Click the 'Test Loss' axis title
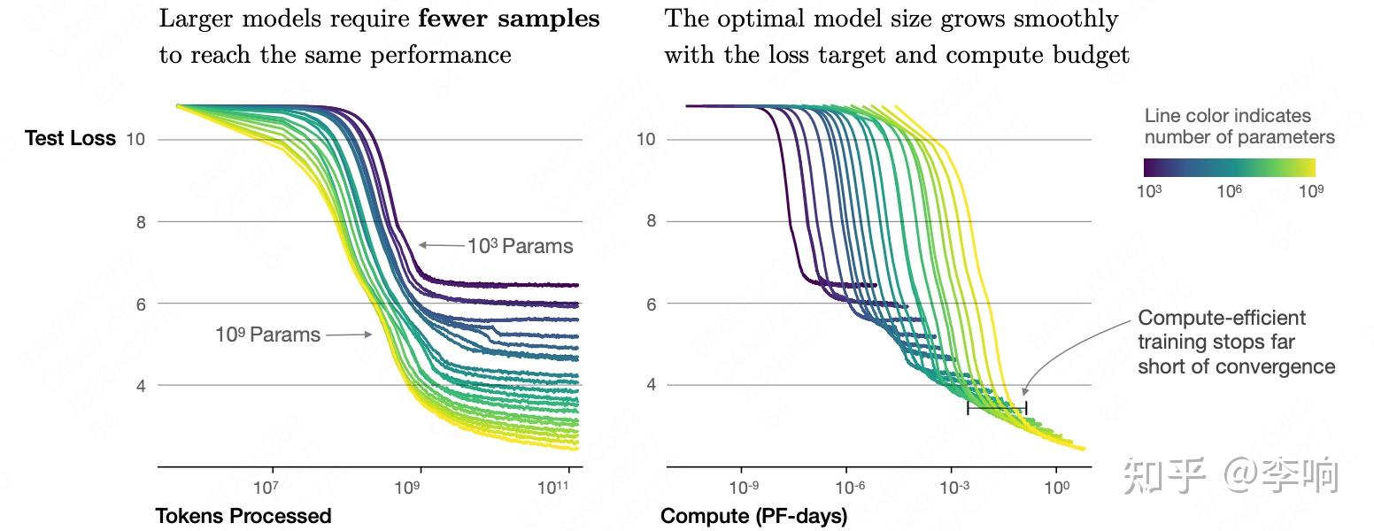tap(70, 139)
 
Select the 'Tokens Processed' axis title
tap(243, 516)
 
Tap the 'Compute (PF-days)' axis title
tap(753, 516)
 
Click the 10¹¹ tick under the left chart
tap(553, 488)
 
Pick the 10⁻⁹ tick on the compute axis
tap(744, 488)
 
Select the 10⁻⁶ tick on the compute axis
tap(848, 488)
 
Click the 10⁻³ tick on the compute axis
tap(953, 488)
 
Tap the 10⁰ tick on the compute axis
tap(1056, 488)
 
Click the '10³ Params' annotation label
tap(520, 246)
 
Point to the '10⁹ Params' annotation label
tap(267, 335)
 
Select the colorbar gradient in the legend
tap(1229, 167)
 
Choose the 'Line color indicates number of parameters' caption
tap(1239, 127)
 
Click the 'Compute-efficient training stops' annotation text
tap(1236, 342)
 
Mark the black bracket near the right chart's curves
tap(996, 408)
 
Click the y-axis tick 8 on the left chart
tap(141, 222)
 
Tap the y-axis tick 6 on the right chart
tap(651, 304)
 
